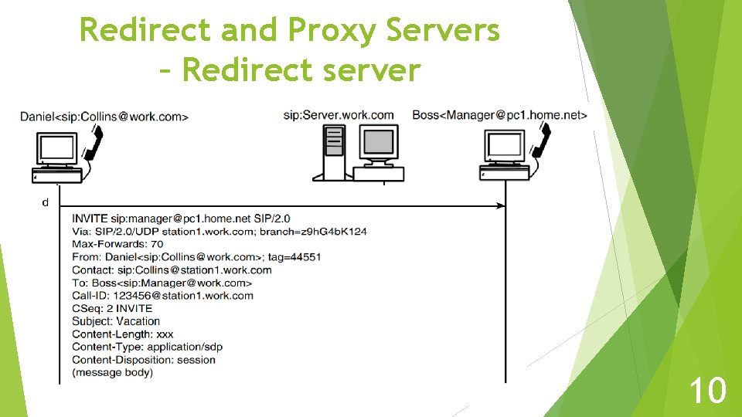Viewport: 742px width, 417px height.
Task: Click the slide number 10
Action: (x=707, y=390)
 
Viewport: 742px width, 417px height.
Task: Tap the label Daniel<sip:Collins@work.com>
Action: (x=104, y=117)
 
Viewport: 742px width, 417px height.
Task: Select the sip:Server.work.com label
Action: (x=339, y=115)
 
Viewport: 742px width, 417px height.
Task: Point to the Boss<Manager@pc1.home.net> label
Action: (x=499, y=115)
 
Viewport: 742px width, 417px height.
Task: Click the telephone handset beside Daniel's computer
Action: (x=94, y=144)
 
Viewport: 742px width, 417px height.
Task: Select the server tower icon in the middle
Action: (x=334, y=151)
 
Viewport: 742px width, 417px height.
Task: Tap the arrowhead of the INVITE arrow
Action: (x=501, y=206)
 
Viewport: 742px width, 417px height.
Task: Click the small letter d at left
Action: (x=46, y=203)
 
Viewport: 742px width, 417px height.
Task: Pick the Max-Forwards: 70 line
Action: (x=117, y=244)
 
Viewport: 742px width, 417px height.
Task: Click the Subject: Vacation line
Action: (x=116, y=321)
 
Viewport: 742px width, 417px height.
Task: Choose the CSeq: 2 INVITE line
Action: (x=112, y=308)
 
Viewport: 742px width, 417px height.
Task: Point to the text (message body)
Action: (x=112, y=372)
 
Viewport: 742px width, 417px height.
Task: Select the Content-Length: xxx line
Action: (x=122, y=334)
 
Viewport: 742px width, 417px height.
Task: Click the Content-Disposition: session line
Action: (x=143, y=360)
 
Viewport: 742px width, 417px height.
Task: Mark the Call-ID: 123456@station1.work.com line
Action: (x=162, y=295)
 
